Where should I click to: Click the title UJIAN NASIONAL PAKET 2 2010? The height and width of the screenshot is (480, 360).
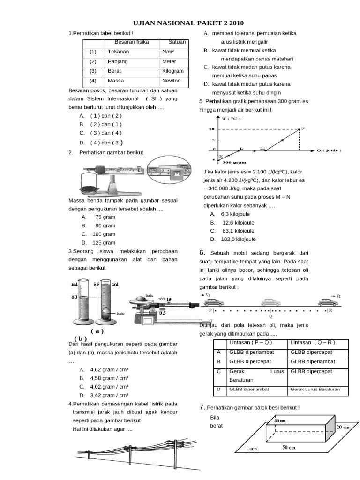point(189,23)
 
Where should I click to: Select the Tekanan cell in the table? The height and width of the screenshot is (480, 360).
point(117,52)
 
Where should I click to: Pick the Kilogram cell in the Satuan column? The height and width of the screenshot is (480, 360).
point(172,71)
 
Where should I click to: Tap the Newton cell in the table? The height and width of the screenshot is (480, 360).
point(171,81)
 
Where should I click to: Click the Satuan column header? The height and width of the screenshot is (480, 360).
point(177,42)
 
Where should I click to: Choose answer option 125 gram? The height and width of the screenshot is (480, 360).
point(104,243)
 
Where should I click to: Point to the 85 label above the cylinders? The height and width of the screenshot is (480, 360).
point(97,284)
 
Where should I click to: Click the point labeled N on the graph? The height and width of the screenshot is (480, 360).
point(302,128)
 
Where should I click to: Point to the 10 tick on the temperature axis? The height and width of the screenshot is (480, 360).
point(212,129)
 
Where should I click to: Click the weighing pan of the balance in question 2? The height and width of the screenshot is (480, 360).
point(87,187)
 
